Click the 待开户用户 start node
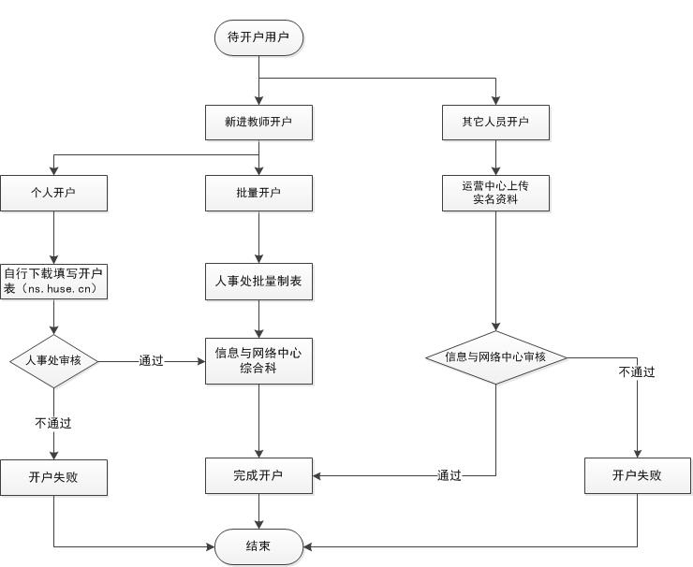(258, 37)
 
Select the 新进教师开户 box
(258, 122)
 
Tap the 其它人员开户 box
(495, 122)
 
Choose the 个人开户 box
(53, 193)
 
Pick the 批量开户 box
(258, 193)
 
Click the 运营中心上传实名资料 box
(495, 193)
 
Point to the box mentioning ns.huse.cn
(53, 281)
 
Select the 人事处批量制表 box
(258, 281)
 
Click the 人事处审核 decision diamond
(53, 360)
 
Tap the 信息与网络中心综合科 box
(258, 360)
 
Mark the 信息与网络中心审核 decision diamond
(495, 357)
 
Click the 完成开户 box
(258, 475)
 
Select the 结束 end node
(258, 546)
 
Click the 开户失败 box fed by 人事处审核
(53, 476)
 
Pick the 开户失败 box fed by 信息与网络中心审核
(637, 475)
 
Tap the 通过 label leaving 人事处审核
(151, 360)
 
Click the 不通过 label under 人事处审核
(53, 423)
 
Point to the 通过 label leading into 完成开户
(450, 475)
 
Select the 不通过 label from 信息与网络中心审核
(637, 371)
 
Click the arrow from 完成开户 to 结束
(258, 511)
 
